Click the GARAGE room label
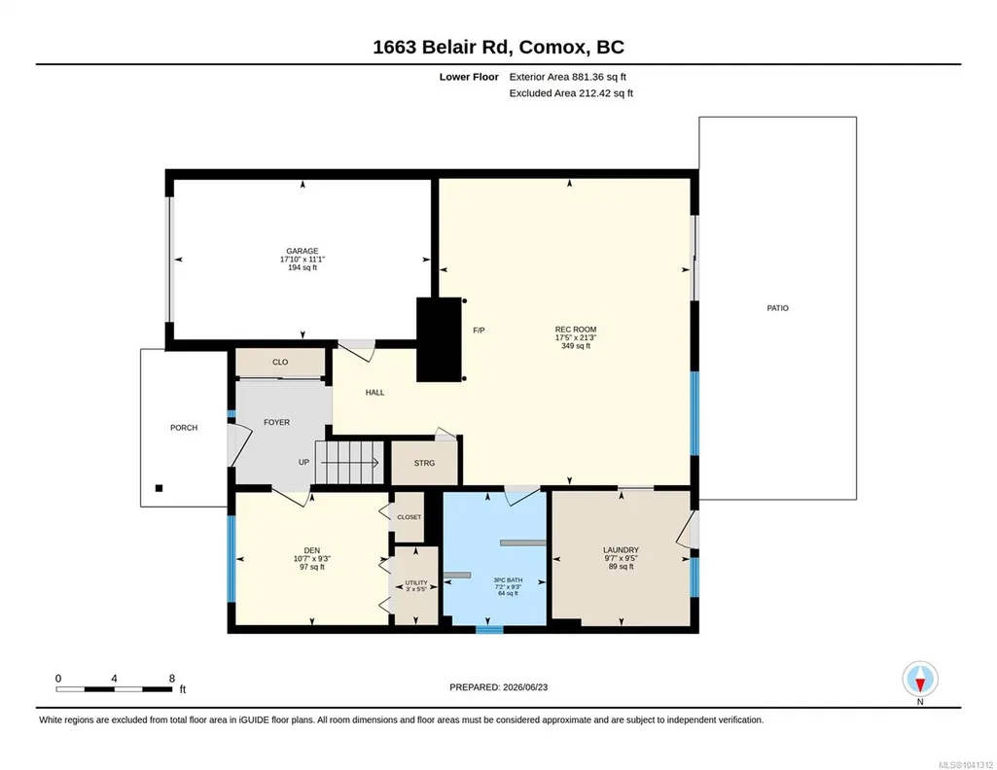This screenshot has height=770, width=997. pos(303,251)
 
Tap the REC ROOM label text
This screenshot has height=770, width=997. pos(576,329)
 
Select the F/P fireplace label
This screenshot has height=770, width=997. pos(479,331)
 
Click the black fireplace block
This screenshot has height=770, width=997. pos(439,339)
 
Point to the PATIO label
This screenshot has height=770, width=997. pos(777,308)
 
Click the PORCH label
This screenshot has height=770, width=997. pos(184,428)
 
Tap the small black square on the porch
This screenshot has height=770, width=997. pos(159,488)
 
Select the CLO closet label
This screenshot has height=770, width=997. pos(280,362)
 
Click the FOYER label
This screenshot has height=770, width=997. pos(276,422)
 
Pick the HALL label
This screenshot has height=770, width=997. pos(375,393)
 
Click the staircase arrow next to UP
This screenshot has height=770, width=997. pos(351,462)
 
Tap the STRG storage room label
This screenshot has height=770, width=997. pos(425,463)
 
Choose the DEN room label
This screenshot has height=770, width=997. pos(311,550)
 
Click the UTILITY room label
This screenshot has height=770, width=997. pos(416,582)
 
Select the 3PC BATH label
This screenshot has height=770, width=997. pos(508,580)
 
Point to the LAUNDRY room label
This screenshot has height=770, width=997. pos(622,550)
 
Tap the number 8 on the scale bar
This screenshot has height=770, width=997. pos(171,679)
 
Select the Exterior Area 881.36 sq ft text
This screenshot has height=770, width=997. pos(568,77)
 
